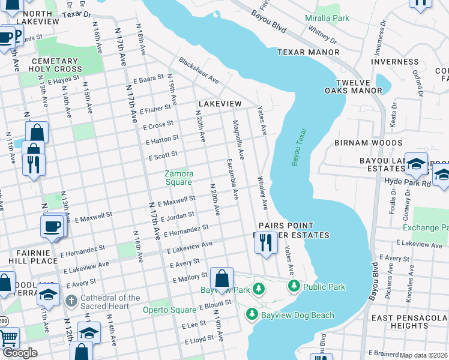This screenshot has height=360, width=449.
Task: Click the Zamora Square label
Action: coord(178,178)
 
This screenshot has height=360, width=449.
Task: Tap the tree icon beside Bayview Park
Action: coord(259,289)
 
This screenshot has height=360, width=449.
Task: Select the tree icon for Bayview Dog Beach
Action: coord(252,314)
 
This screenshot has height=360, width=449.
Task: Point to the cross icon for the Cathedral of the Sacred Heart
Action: coord(71,299)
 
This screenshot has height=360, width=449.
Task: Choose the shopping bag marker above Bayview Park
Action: coord(221,278)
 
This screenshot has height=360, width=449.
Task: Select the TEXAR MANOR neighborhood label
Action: coord(309,53)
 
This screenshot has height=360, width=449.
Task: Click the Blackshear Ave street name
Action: coord(199,71)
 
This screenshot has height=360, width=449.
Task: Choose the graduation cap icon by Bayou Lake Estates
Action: coord(416,164)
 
